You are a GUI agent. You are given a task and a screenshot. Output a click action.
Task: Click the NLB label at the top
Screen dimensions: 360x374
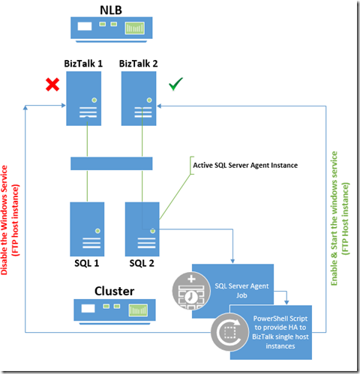[x=111, y=10]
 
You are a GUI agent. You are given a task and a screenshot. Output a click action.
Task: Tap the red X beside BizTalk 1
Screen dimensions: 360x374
[x=52, y=85]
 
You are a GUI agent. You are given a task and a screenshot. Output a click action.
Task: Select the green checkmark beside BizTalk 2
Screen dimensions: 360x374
[x=175, y=84]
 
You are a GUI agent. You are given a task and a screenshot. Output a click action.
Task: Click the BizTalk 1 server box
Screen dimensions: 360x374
[x=84, y=98]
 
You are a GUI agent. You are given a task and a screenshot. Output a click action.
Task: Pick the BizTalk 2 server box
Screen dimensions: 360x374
[x=139, y=98]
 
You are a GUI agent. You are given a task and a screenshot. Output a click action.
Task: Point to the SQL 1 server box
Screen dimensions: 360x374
[x=87, y=229]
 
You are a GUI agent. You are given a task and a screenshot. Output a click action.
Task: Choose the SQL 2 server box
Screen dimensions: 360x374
[x=142, y=229]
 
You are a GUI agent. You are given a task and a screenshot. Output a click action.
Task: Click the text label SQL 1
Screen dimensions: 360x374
[x=87, y=263]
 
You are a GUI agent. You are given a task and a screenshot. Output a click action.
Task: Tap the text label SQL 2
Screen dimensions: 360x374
[x=142, y=263]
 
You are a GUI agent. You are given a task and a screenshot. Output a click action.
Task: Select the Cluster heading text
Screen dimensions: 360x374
[x=114, y=291]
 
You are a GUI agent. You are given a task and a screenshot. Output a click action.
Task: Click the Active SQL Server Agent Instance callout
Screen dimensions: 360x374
[x=245, y=165]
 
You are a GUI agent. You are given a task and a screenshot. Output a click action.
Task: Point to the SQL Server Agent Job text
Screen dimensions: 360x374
[x=241, y=291]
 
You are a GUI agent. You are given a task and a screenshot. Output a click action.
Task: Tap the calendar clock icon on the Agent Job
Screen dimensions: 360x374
[x=191, y=291]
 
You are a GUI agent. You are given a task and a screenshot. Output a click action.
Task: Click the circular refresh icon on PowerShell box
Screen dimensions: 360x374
[x=229, y=332]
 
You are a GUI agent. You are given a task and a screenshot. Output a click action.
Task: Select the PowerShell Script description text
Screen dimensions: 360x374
[x=280, y=332]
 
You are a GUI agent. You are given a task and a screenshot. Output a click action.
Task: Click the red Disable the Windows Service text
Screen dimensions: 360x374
[x=10, y=220]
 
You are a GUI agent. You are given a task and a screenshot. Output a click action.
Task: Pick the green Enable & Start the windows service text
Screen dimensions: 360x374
[x=340, y=218]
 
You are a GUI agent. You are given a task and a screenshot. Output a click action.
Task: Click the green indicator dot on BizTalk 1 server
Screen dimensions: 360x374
[x=94, y=100]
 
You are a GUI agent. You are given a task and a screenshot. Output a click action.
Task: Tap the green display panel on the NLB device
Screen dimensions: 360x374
[x=135, y=28]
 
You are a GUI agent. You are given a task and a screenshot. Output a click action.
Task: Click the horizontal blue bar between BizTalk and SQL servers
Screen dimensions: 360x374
[x=112, y=163]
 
